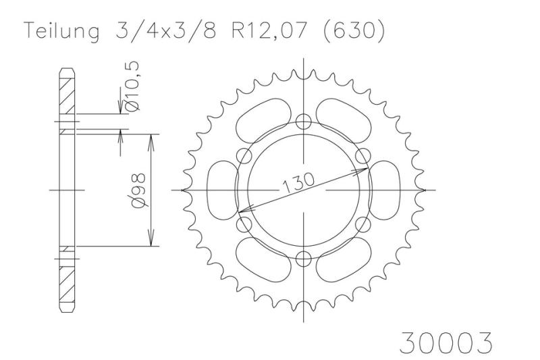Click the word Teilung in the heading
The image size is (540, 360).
pyautogui.click(x=61, y=31)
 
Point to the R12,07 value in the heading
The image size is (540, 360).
pyautogui.click(x=269, y=30)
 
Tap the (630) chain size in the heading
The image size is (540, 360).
pyautogui.click(x=354, y=31)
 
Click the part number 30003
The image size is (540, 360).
pyautogui.click(x=446, y=342)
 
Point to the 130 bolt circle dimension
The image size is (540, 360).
pyautogui.click(x=298, y=182)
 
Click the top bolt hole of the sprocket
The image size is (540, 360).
pyautogui.click(x=303, y=121)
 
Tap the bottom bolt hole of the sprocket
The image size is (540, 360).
pyautogui.click(x=303, y=259)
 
